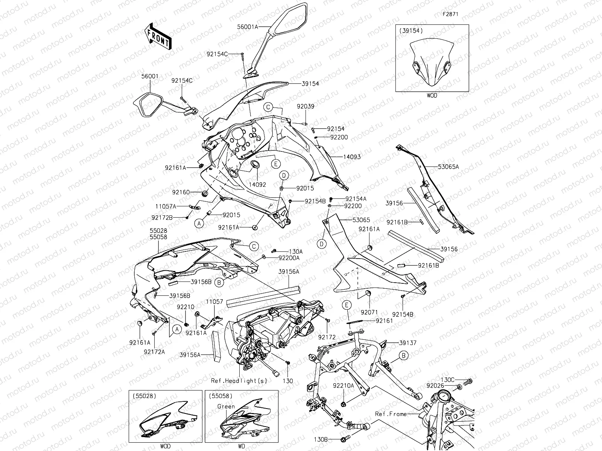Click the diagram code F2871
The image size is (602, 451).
(x=450, y=15)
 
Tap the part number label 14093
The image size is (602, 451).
(x=351, y=157)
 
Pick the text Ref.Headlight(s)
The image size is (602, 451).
(x=239, y=380)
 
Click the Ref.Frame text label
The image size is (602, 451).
(x=391, y=414)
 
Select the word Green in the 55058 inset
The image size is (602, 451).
(x=226, y=406)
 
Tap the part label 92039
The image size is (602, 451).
(x=305, y=106)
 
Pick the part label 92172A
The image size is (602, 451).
(x=154, y=351)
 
